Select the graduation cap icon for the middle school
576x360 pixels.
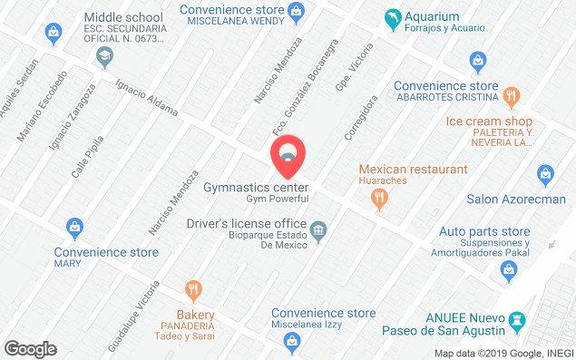[103, 56]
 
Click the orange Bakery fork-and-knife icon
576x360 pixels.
[193, 290]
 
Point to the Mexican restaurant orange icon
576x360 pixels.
[380, 202]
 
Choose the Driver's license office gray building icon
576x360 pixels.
[318, 233]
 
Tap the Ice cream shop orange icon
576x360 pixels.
[512, 96]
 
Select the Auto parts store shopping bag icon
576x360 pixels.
[511, 268]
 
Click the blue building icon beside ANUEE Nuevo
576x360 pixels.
[517, 321]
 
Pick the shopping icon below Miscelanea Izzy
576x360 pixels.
[290, 341]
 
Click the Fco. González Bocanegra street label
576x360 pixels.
[304, 83]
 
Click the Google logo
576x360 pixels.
[30, 348]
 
